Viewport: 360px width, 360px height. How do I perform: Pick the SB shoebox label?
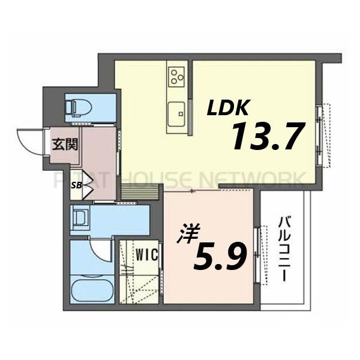point(76,185)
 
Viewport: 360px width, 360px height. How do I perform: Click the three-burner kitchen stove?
point(176,76)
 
